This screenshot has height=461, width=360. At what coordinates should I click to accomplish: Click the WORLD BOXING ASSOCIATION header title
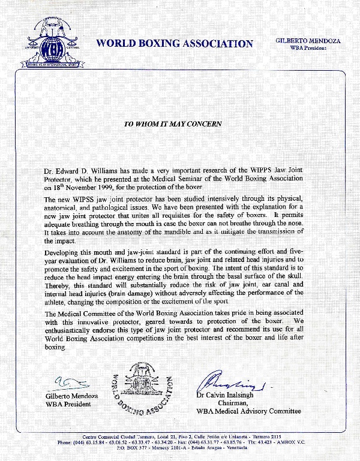click(175, 44)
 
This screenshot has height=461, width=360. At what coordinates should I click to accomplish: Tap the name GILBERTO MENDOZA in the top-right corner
click(308, 41)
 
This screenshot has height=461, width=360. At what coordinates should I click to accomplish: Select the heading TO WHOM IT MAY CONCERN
click(173, 124)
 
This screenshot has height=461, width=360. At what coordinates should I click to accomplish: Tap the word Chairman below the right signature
click(227, 403)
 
